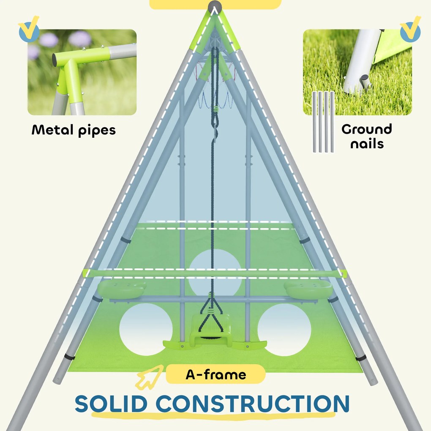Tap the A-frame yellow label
click(215, 374)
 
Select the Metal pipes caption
click(74, 130)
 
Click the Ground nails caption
click(366, 136)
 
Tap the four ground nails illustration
click(323, 121)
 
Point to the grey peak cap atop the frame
click(215, 7)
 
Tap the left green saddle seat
click(122, 289)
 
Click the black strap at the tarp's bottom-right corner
click(361, 358)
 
